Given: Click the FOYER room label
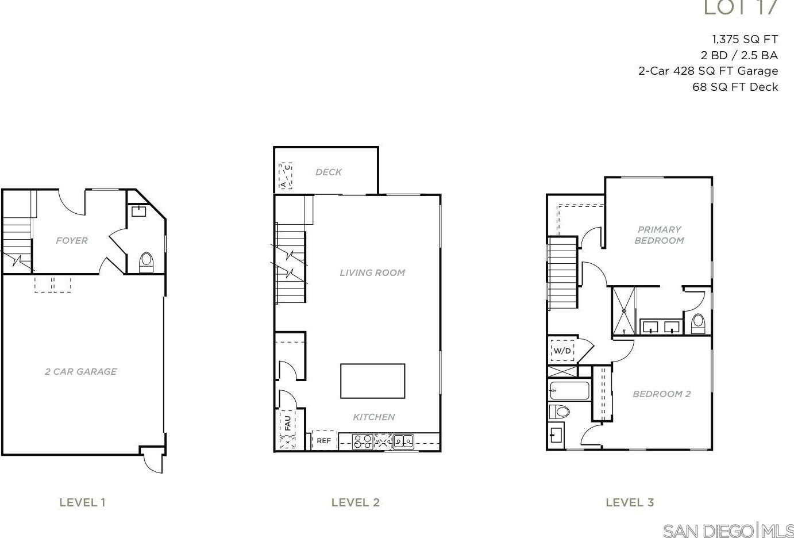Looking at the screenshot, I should click(72, 241).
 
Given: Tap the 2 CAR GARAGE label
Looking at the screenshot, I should click(81, 372).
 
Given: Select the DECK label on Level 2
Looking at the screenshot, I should click(328, 172).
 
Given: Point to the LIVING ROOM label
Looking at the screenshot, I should click(372, 272).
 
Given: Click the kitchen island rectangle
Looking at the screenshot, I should click(372, 381).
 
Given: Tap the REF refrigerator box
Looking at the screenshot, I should click(324, 441).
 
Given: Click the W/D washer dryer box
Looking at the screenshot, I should click(562, 351).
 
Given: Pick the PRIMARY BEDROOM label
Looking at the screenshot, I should click(659, 235).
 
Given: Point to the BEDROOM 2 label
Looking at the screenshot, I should click(661, 394).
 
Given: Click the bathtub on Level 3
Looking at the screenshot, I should click(569, 391).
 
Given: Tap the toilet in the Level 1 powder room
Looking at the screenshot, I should click(146, 262).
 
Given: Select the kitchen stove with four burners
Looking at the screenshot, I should click(363, 441).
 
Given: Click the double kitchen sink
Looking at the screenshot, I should click(403, 441).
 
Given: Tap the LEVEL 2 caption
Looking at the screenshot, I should click(355, 502).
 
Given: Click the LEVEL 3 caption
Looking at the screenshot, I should click(630, 502).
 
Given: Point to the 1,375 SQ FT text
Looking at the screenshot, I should click(745, 40).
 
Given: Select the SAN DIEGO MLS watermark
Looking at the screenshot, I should click(727, 530).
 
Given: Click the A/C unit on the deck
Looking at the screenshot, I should click(286, 176).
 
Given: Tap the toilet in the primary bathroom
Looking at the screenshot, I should click(698, 324).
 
